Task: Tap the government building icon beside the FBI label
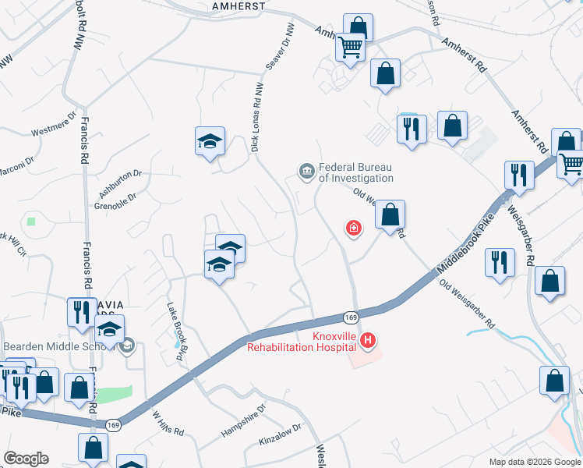pos(306,171)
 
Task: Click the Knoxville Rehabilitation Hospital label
pos(305,342)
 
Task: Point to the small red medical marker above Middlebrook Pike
pos(354,228)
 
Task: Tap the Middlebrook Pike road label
pos(466,246)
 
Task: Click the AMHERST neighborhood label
pos(238,5)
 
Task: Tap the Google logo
pos(26,459)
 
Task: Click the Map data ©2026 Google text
pos(534,462)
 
